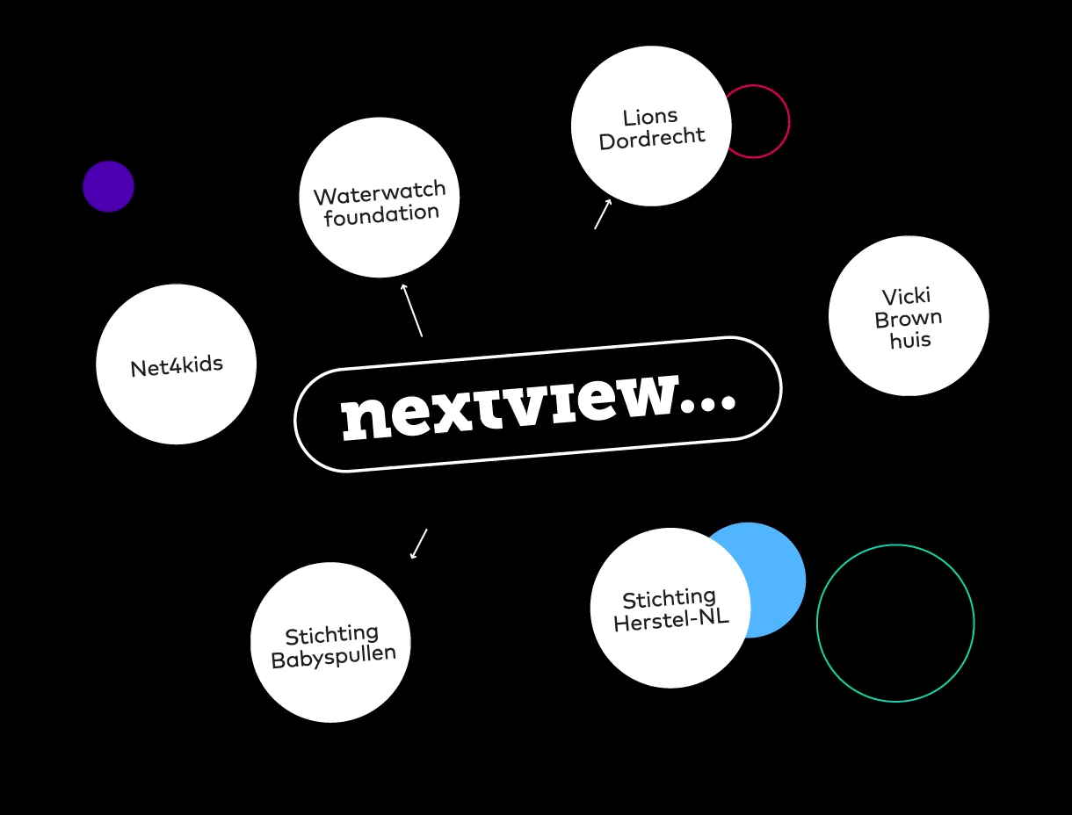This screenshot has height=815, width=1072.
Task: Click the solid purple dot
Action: (108, 186)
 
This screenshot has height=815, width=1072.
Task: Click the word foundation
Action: (381, 215)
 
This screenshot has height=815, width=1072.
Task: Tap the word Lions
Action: (650, 117)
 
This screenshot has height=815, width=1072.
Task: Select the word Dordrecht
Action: (652, 139)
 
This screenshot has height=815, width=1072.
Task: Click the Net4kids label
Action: (177, 366)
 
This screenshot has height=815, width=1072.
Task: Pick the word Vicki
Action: (907, 296)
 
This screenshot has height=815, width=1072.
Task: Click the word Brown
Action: (909, 319)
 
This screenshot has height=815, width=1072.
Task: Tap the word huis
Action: (910, 340)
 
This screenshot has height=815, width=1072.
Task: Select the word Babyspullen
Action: (334, 657)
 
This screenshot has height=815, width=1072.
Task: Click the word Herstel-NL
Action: (671, 620)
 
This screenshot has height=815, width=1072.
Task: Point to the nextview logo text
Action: (538, 406)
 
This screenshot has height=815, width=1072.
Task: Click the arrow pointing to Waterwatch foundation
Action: (412, 310)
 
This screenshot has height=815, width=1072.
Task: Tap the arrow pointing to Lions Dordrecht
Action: (603, 213)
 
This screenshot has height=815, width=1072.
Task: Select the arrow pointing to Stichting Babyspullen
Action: (418, 544)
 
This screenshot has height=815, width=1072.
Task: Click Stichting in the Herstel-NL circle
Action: (669, 598)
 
